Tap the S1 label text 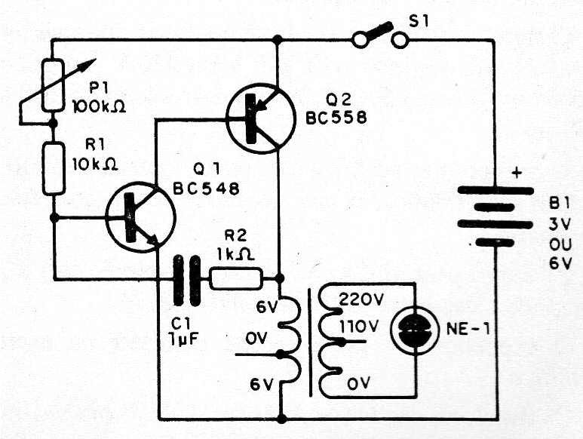(417, 20)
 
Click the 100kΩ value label (98, 106)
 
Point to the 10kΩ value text (91, 163)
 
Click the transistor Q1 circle (140, 218)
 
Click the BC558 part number (337, 118)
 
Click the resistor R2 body (235, 278)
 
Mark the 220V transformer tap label (361, 298)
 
